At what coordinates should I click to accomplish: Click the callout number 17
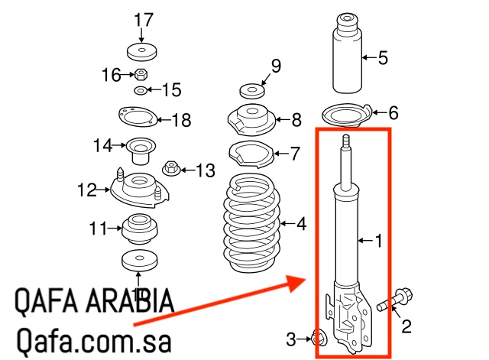pyautogui.click(x=139, y=19)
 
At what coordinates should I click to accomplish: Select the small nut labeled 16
pyautogui.click(x=141, y=75)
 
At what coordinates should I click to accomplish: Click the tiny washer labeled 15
pyautogui.click(x=141, y=91)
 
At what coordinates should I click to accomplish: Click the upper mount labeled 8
pyautogui.click(x=251, y=121)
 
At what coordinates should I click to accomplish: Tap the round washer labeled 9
pyautogui.click(x=251, y=91)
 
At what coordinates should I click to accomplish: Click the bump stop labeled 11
pyautogui.click(x=139, y=227)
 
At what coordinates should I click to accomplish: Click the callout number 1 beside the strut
pyautogui.click(x=377, y=242)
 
